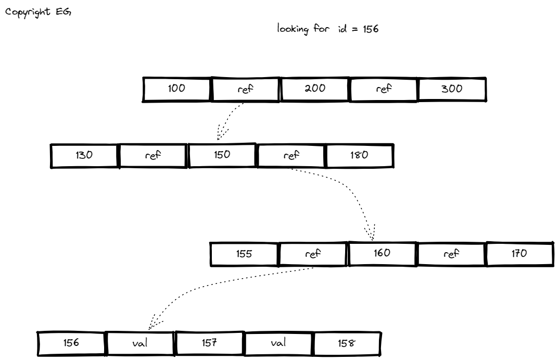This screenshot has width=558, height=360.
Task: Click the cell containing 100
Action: (x=177, y=89)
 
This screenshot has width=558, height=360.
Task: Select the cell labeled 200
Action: (x=315, y=89)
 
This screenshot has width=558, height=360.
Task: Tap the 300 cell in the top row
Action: (x=452, y=89)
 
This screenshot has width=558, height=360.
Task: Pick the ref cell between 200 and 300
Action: (x=384, y=89)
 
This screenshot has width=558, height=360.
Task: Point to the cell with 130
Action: (x=85, y=155)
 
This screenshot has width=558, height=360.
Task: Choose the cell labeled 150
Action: (x=222, y=155)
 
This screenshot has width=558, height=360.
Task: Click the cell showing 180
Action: (x=360, y=155)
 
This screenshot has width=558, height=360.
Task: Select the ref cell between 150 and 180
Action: (x=291, y=155)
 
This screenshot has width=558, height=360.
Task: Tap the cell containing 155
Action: (x=244, y=254)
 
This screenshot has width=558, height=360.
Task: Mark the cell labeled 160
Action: (x=383, y=254)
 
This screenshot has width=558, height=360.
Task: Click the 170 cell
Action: (x=519, y=254)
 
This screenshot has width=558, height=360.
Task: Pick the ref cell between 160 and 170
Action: (x=451, y=254)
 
